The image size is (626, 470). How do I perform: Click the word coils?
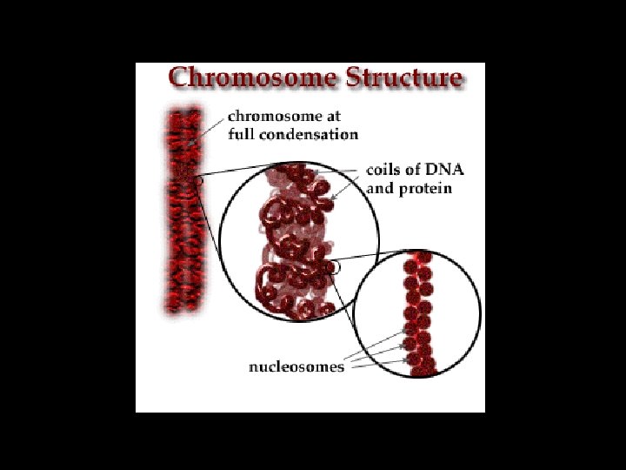(383, 170)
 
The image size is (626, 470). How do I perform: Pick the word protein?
(425, 188)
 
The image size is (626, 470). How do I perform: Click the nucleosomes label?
(296, 366)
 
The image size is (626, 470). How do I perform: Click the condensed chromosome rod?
(183, 209)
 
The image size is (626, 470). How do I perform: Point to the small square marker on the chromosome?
(199, 181)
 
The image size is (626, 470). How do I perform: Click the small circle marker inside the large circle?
(335, 267)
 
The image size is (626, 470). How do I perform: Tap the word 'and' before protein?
(381, 188)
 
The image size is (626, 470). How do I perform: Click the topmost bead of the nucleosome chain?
(422, 258)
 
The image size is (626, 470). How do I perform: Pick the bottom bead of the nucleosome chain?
(423, 369)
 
